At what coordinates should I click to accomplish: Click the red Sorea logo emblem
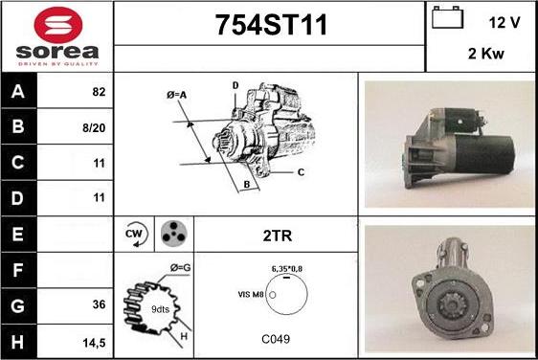[x=58, y=25]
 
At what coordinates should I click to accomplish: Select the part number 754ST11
[x=271, y=25]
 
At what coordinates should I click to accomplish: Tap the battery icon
[x=447, y=17]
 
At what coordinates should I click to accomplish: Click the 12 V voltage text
[x=504, y=23]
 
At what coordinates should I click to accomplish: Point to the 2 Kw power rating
[x=486, y=54]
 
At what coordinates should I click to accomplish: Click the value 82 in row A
[x=99, y=92]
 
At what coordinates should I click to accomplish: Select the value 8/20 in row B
[x=94, y=128]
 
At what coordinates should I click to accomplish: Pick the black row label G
[x=18, y=305]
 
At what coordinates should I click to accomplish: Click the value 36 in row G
[x=99, y=304]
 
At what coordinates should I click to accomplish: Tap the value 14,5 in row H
[x=94, y=343]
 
